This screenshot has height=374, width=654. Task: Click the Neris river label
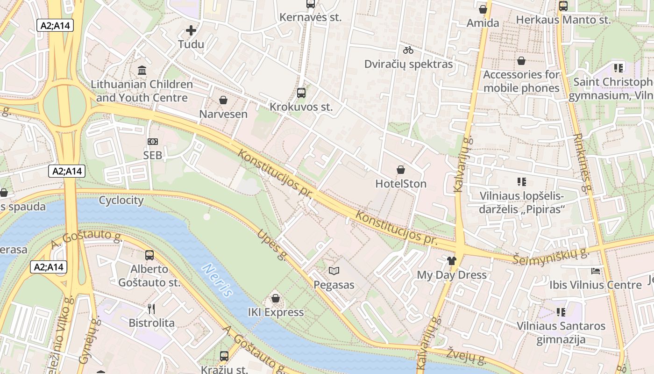pyautogui.click(x=217, y=280)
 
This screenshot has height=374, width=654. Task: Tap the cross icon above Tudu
pyautogui.click(x=191, y=31)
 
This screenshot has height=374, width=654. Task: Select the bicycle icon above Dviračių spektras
pyautogui.click(x=408, y=50)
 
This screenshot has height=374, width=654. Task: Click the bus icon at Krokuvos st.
pyautogui.click(x=301, y=93)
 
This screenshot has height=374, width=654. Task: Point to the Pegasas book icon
pyautogui.click(x=334, y=271)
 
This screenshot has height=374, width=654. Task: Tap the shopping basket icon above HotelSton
pyautogui.click(x=401, y=169)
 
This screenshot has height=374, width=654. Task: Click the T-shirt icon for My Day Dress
pyautogui.click(x=451, y=261)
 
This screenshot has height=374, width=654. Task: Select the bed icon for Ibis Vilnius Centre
pyautogui.click(x=595, y=271)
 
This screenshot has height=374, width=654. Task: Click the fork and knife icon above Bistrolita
pyautogui.click(x=151, y=309)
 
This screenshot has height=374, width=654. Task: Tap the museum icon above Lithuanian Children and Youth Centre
pyautogui.click(x=142, y=71)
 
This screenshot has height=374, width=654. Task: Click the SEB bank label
pyautogui.click(x=153, y=155)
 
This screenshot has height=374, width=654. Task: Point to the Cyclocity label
pyautogui.click(x=121, y=200)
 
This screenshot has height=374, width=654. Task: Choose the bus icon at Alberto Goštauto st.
pyautogui.click(x=149, y=255)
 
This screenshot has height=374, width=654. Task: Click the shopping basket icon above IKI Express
pyautogui.click(x=276, y=298)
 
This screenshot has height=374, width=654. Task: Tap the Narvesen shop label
pyautogui.click(x=223, y=114)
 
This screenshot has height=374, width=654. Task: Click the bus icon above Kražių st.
pyautogui.click(x=224, y=356)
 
